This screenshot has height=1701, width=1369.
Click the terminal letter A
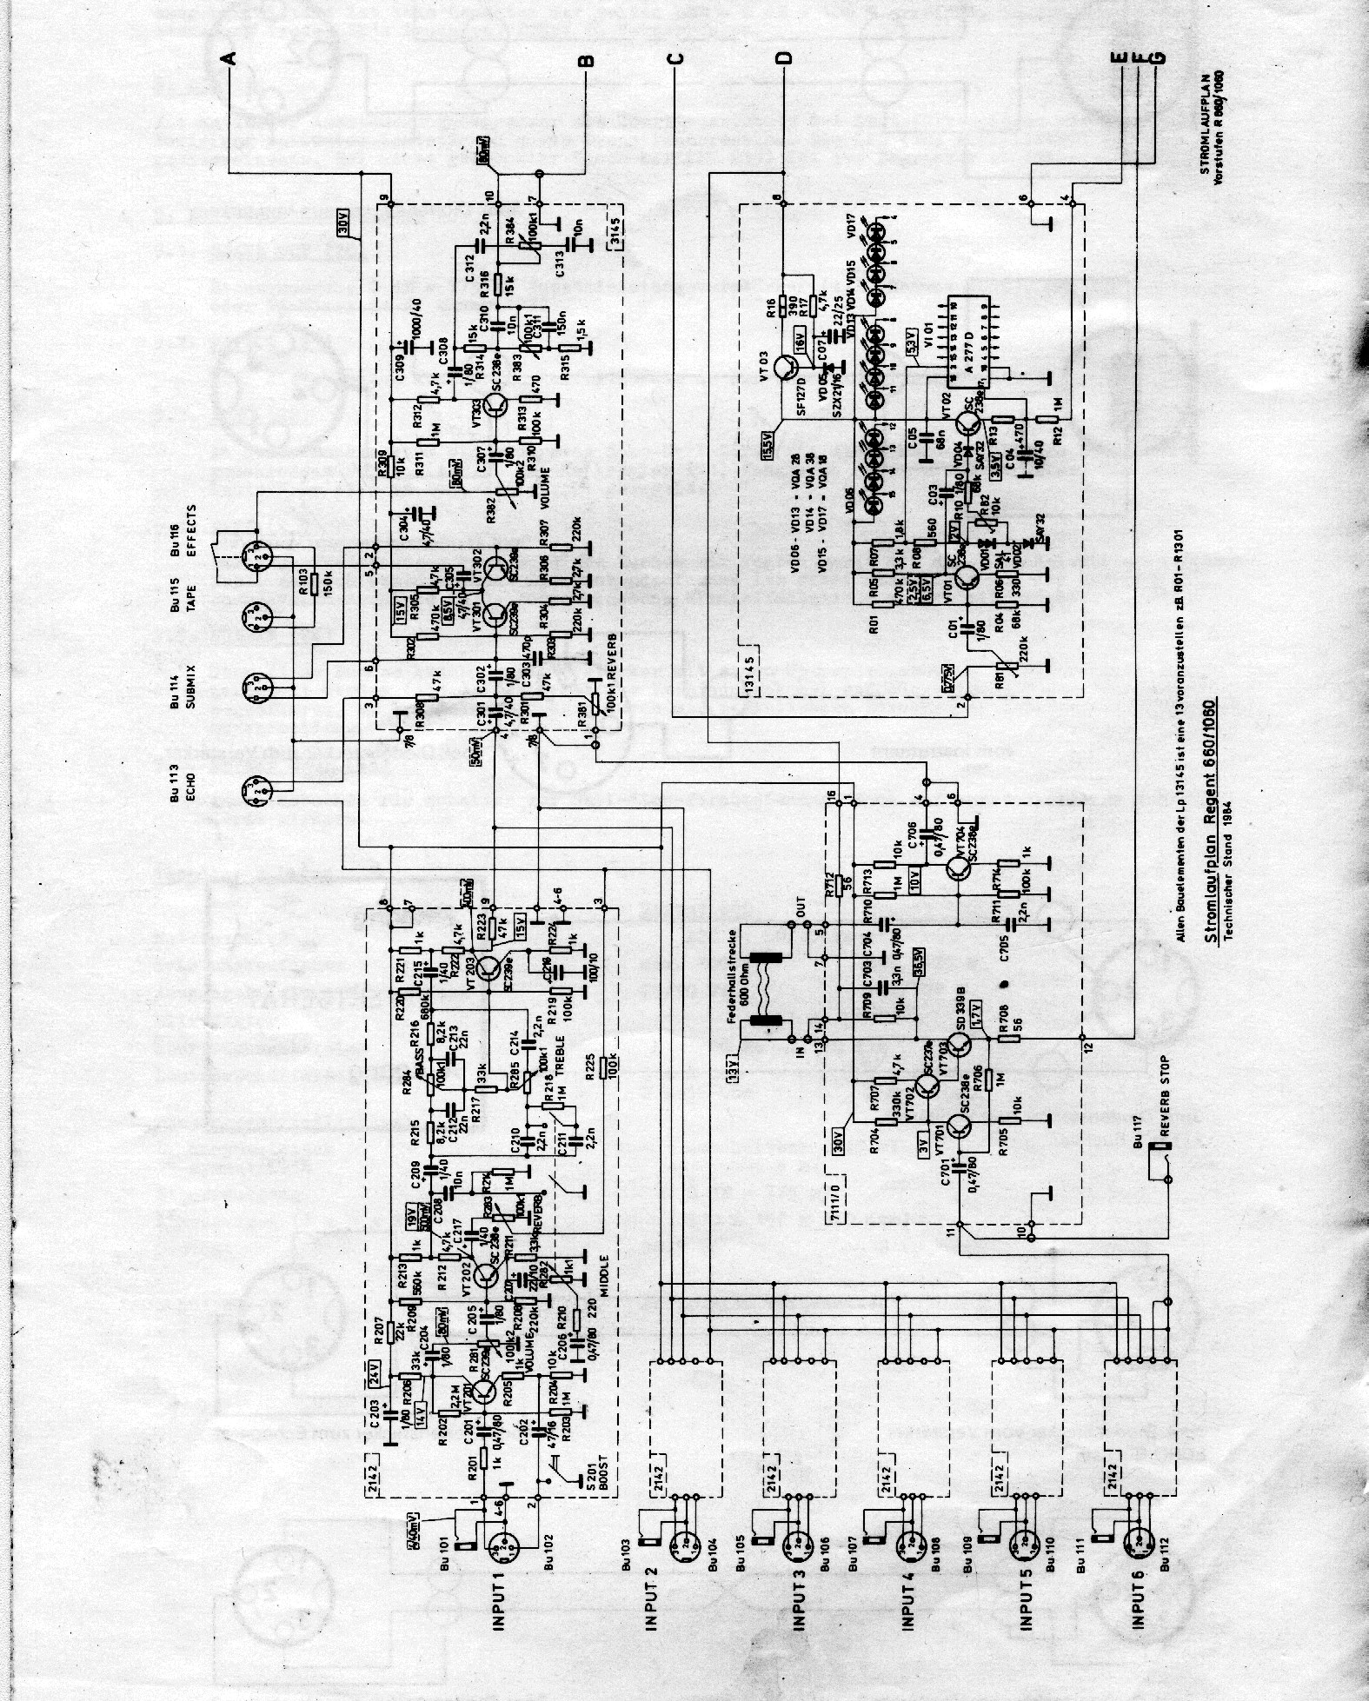pyautogui.click(x=229, y=58)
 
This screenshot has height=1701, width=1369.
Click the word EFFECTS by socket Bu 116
pyautogui.click(x=194, y=528)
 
